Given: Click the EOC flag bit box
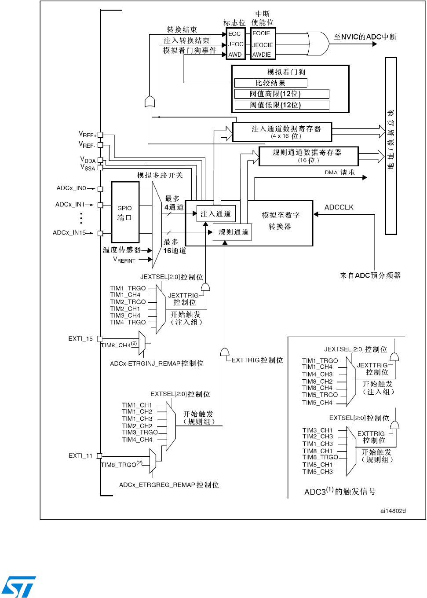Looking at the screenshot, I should (x=235, y=34).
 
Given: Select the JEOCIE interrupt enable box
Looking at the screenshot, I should (x=263, y=45).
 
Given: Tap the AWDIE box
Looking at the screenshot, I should (x=262, y=55).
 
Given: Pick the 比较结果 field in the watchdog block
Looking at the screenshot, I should (x=270, y=83).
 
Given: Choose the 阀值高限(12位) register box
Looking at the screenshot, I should (x=281, y=94).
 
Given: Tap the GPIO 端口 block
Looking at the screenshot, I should (x=125, y=212).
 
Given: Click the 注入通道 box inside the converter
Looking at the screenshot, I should (x=216, y=214).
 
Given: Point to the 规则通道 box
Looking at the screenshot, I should (x=233, y=232).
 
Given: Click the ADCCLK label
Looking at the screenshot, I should (x=339, y=207).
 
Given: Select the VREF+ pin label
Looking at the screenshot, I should (x=88, y=134).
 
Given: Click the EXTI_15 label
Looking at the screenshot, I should (x=80, y=339).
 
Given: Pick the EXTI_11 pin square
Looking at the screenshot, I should (x=99, y=456).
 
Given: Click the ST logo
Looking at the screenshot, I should (x=18, y=586).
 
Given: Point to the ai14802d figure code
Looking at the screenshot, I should (x=393, y=511).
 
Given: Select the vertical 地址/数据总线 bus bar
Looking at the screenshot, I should (x=391, y=146).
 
